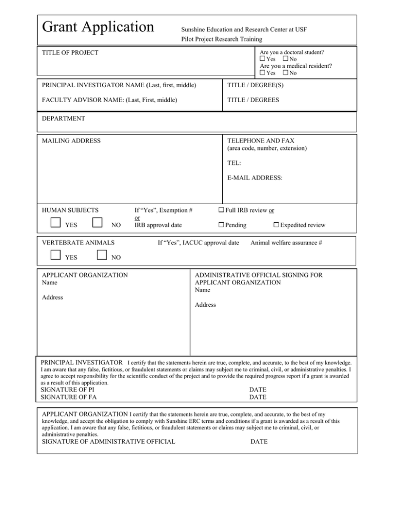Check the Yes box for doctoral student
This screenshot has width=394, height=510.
(263, 59)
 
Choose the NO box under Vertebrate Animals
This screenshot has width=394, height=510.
(102, 254)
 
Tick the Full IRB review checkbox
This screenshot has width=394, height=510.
(221, 210)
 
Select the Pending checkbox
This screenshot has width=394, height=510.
(221, 225)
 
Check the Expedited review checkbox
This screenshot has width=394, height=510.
(276, 225)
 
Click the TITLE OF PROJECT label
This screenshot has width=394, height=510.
(70, 53)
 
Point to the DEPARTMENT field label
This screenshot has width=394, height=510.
(64, 119)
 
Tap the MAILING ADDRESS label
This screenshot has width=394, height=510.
(71, 141)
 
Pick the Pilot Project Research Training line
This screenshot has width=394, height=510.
(221, 39)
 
